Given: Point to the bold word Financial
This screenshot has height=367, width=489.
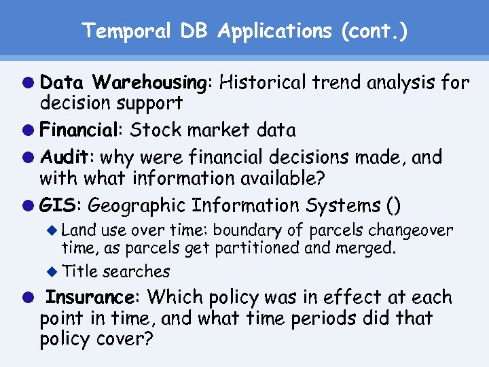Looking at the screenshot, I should (x=82, y=129).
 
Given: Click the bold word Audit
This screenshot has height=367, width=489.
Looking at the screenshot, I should (x=68, y=157).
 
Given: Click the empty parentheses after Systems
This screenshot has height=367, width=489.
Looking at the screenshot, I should (x=393, y=205).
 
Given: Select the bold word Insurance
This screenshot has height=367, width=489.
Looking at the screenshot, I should (x=90, y=297).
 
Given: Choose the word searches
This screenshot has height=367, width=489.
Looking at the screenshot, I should (x=136, y=271).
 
